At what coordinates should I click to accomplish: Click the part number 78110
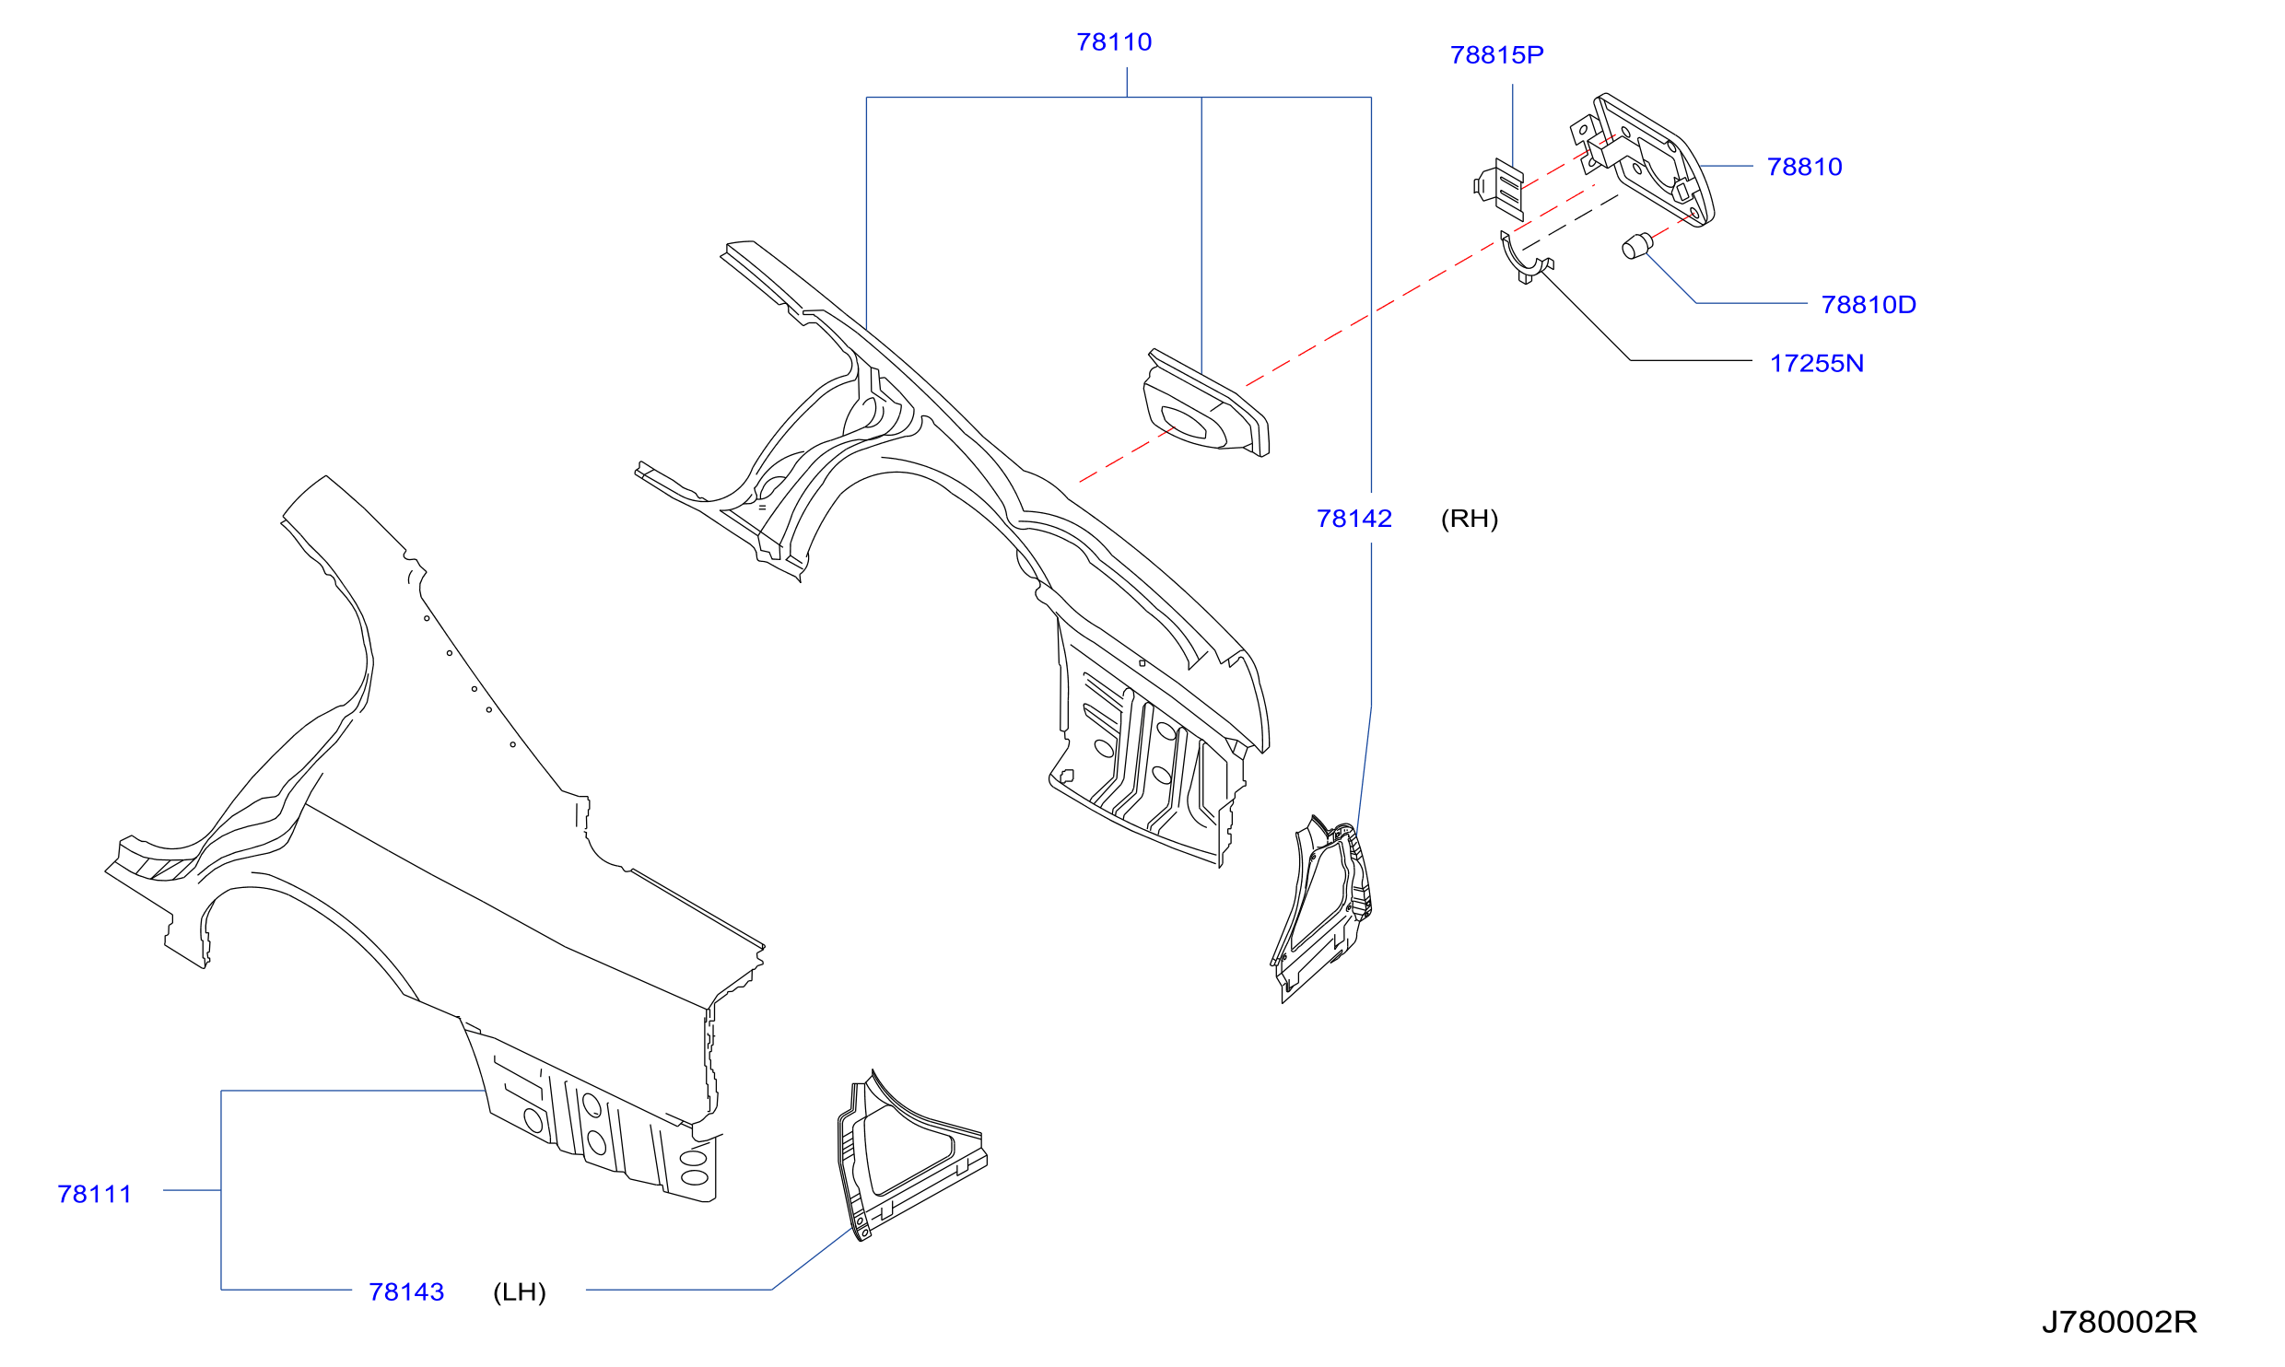(x=1114, y=42)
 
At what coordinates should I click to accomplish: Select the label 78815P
(x=1496, y=55)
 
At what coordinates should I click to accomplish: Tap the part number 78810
(x=1804, y=167)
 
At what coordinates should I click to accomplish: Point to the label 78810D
(x=1869, y=305)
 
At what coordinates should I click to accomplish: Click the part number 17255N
(x=1817, y=364)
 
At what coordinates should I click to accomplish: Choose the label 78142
(x=1354, y=519)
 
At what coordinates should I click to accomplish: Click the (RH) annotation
(x=1470, y=519)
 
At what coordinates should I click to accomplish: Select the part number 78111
(x=95, y=1194)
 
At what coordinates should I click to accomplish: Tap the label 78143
(x=406, y=1292)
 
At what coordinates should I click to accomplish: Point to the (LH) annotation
(x=520, y=1292)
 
